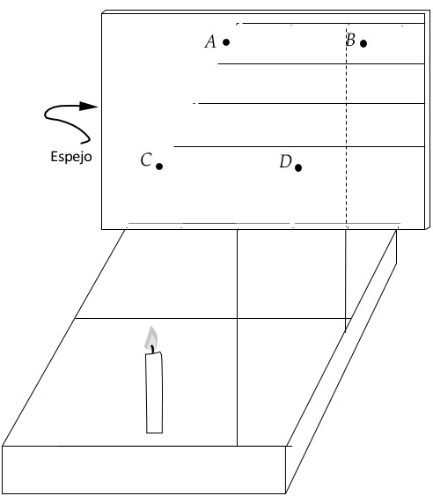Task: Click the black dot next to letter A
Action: click(x=226, y=41)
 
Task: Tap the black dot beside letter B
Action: click(x=363, y=43)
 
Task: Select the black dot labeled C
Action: click(x=159, y=167)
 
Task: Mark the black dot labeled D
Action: click(x=298, y=167)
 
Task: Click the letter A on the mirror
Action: click(x=210, y=41)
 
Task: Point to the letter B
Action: click(x=350, y=40)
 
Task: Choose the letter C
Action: click(x=146, y=159)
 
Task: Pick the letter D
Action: click(x=286, y=161)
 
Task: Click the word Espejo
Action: click(x=71, y=157)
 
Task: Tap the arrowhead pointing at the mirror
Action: click(x=89, y=107)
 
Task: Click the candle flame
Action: click(x=151, y=337)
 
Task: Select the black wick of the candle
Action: click(x=153, y=349)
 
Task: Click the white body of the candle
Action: click(x=155, y=393)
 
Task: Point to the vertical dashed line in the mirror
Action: click(x=347, y=126)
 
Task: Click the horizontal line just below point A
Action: click(x=321, y=64)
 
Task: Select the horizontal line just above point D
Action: click(x=299, y=146)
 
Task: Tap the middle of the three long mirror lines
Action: click(x=309, y=103)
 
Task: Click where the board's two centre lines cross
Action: click(x=237, y=319)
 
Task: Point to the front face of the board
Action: click(x=143, y=470)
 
